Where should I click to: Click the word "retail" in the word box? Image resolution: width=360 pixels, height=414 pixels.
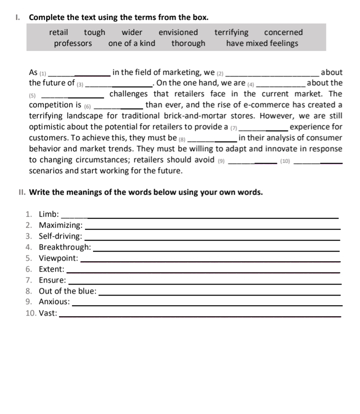58,32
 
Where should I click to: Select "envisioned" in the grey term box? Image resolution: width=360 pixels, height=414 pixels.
178,32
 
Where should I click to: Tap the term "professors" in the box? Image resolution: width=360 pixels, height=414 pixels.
73,43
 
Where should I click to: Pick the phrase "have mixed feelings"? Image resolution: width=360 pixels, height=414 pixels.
261,43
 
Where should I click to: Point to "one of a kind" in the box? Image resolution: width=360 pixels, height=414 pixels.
131,43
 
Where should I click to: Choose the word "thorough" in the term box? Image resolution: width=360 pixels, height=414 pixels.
188,43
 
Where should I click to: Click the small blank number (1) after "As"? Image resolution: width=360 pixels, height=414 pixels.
42,73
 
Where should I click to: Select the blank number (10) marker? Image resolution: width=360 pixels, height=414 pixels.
285,161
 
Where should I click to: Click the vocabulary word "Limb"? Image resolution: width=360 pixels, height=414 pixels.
48,214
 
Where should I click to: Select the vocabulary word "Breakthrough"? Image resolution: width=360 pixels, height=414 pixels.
64,247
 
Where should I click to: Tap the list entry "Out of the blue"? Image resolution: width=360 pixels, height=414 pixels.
67,291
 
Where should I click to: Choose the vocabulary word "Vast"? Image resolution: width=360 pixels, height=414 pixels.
47,313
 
